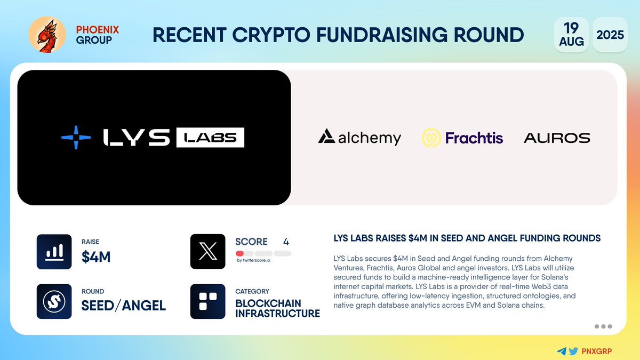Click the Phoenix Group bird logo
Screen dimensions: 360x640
coord(47,35)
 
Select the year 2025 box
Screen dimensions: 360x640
coord(610,35)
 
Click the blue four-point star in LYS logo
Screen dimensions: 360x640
coord(75,137)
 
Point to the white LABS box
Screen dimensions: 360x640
coord(210,138)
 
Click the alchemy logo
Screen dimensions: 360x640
coord(359,138)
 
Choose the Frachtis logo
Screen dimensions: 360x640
coord(462,138)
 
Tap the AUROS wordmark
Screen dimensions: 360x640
coord(557,138)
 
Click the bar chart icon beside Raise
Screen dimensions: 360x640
coord(54,252)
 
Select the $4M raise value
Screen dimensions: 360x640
coord(96,258)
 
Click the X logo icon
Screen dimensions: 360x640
coord(207,252)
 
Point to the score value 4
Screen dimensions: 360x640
coord(286,242)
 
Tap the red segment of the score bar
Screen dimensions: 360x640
coord(240,253)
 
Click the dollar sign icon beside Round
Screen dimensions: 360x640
coord(54,301)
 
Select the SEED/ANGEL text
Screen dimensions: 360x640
coord(123,306)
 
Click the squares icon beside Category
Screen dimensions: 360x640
coord(207,301)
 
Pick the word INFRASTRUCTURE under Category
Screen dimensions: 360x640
coord(277,313)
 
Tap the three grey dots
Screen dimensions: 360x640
coord(603,326)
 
